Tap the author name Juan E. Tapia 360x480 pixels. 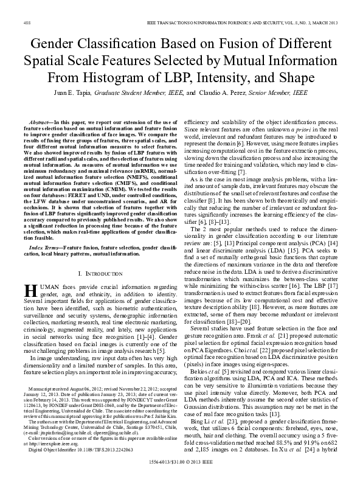pos(81,92)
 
